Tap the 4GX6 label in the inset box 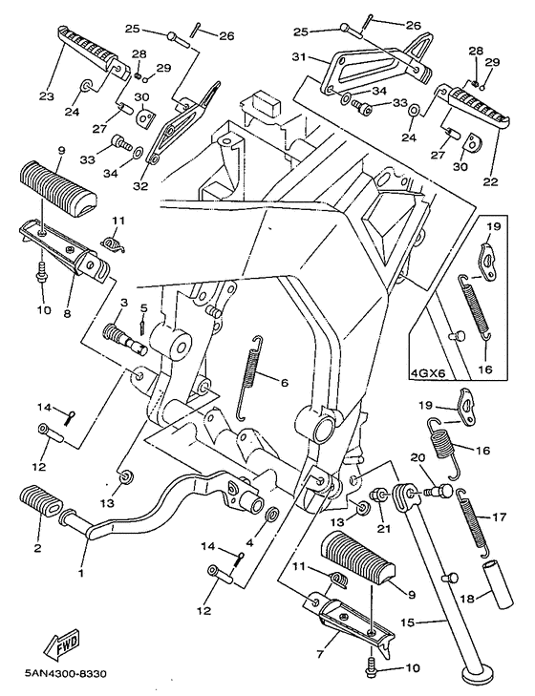[430, 375]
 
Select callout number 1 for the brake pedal [81, 573]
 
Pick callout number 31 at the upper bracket [298, 58]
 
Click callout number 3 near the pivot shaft [122, 303]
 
